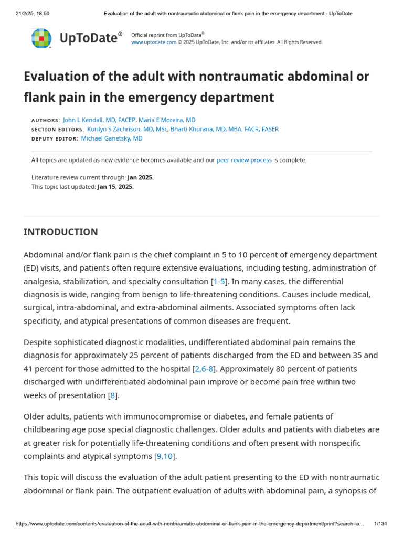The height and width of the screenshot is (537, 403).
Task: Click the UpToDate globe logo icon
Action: click(41, 38)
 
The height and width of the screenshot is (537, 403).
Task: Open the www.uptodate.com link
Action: click(153, 42)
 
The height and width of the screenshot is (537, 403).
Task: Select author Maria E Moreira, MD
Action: click(167, 120)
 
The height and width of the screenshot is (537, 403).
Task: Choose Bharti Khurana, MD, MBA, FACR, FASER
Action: click(225, 130)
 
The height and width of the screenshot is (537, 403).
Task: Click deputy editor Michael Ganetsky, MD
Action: click(112, 138)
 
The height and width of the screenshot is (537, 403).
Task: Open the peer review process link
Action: click(244, 160)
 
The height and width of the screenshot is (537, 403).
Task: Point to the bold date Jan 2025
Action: click(140, 178)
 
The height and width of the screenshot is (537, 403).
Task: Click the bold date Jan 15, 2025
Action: click(115, 187)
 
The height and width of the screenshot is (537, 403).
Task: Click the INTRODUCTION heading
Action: click(60, 232)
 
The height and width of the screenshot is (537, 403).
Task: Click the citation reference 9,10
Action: click(165, 456)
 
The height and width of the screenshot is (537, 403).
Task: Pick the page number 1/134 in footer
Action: click(380, 524)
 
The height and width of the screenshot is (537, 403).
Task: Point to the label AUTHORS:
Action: click(46, 121)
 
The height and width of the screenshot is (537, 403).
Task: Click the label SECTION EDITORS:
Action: click(58, 130)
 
